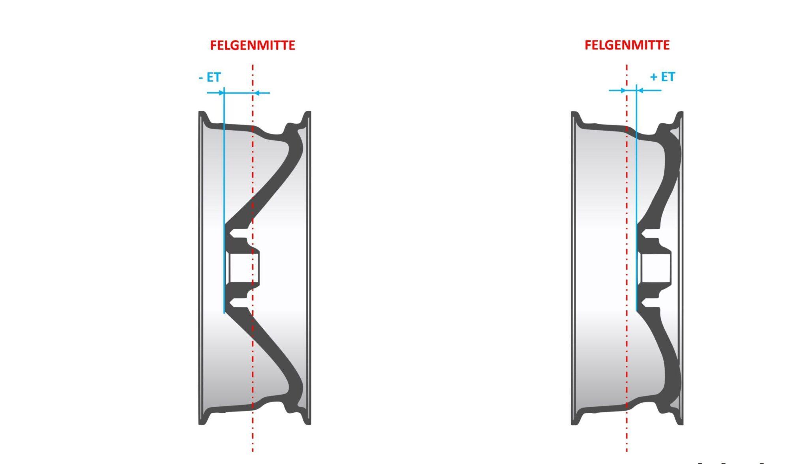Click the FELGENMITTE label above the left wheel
(x=252, y=45)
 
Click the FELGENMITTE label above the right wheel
(x=627, y=45)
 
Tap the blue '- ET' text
(x=209, y=77)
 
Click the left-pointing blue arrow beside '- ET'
(x=262, y=93)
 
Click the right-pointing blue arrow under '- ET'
(x=215, y=93)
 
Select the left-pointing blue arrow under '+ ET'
(x=649, y=90)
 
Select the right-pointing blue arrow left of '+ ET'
(x=617, y=90)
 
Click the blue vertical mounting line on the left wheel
(x=224, y=200)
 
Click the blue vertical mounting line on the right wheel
(x=636, y=197)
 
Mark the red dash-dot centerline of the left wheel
(x=252, y=258)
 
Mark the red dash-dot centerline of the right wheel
(x=627, y=258)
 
